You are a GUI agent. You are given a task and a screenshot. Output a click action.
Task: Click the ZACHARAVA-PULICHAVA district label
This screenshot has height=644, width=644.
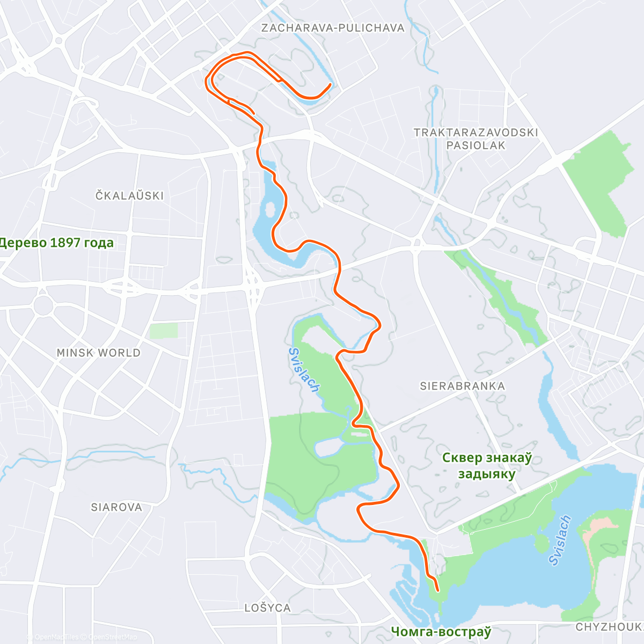[333, 28]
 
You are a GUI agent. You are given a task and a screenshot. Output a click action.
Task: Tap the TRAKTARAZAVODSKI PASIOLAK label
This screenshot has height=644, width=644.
[475, 138]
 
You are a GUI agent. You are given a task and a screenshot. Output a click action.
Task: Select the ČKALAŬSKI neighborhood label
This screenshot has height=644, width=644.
[130, 196]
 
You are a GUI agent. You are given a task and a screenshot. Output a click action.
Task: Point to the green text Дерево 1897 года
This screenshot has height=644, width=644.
[57, 243]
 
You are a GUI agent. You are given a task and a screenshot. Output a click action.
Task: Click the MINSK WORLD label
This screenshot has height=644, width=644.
[99, 353]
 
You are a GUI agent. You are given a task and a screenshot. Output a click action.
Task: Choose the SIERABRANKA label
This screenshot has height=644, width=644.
[462, 386]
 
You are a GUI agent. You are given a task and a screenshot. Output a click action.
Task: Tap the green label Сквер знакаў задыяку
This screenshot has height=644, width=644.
[487, 466]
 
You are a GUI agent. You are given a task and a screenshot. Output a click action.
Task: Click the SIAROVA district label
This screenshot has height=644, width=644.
[116, 507]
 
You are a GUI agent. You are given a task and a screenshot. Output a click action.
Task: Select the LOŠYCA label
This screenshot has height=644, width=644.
[267, 608]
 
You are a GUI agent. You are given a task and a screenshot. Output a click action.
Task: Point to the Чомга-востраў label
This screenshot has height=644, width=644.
[441, 632]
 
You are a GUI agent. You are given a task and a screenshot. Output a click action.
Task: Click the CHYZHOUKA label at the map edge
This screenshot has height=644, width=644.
[610, 627]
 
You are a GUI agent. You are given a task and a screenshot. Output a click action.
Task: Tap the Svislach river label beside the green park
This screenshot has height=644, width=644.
[304, 370]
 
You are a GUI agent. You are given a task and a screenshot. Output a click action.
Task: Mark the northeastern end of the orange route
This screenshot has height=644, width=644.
[330, 85]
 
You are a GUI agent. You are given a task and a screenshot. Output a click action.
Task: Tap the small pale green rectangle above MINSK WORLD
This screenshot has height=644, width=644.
[163, 331]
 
